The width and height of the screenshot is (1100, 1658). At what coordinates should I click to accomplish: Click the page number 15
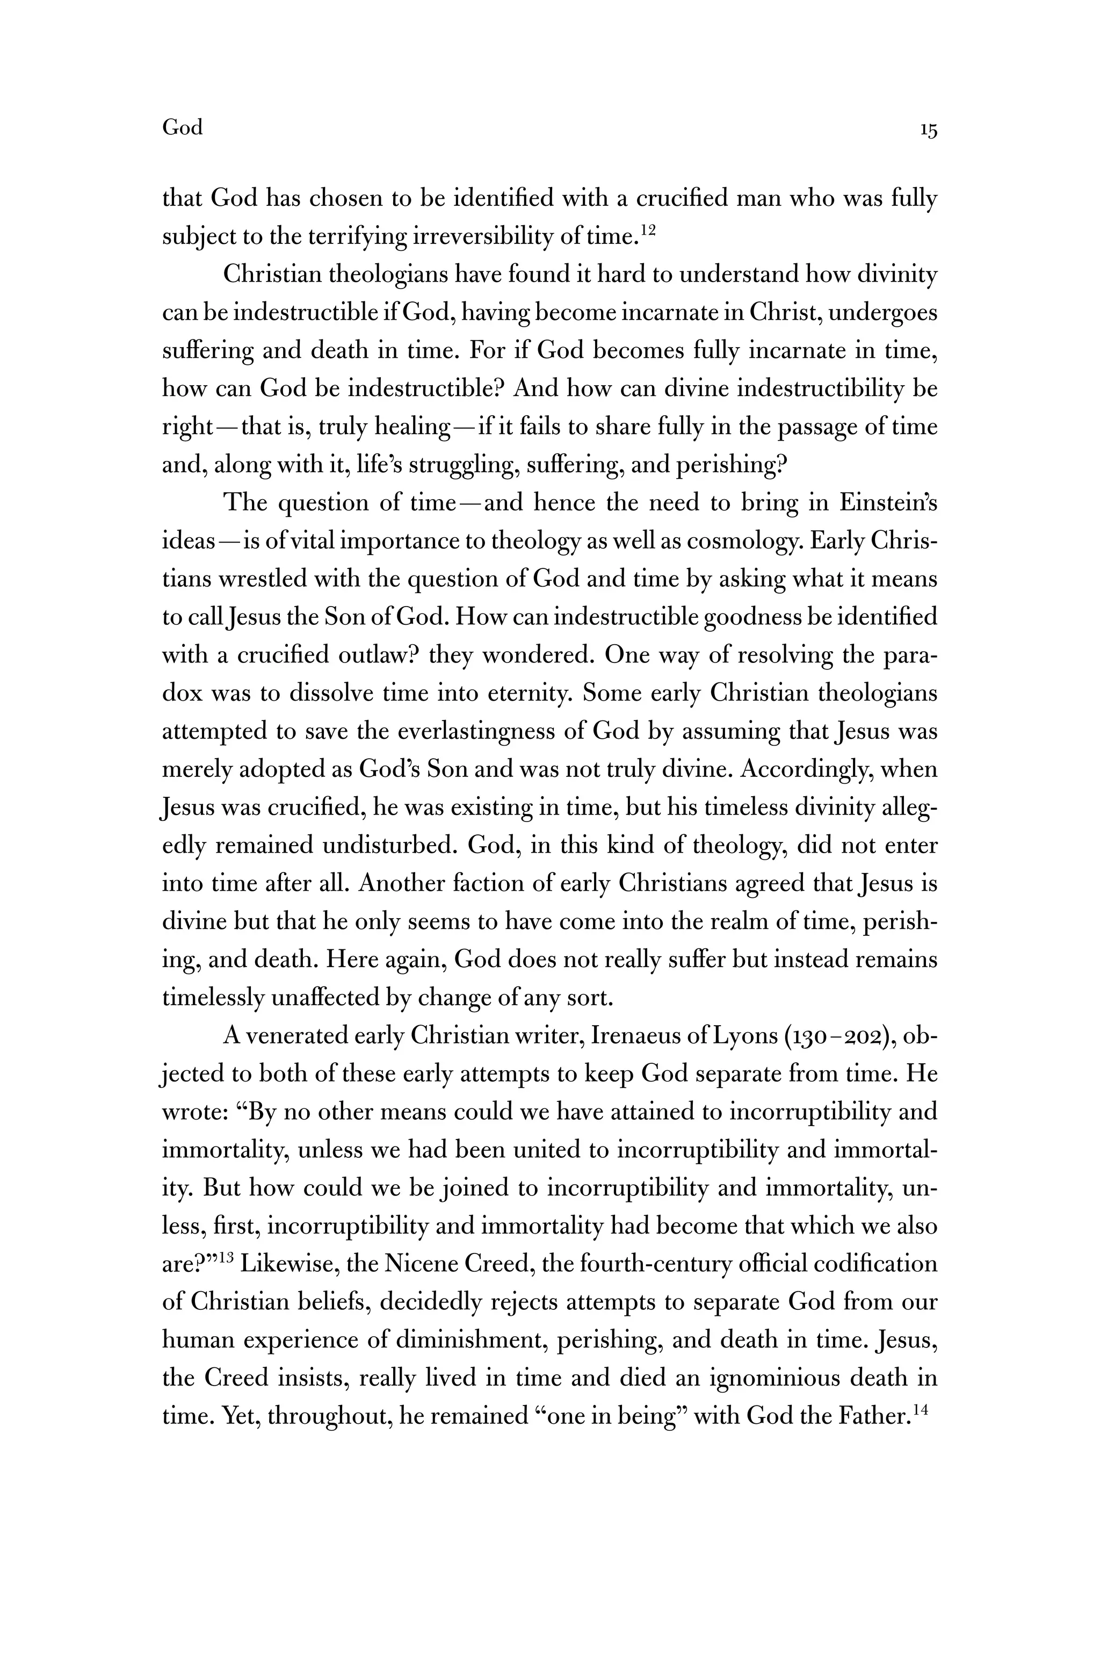(x=928, y=131)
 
